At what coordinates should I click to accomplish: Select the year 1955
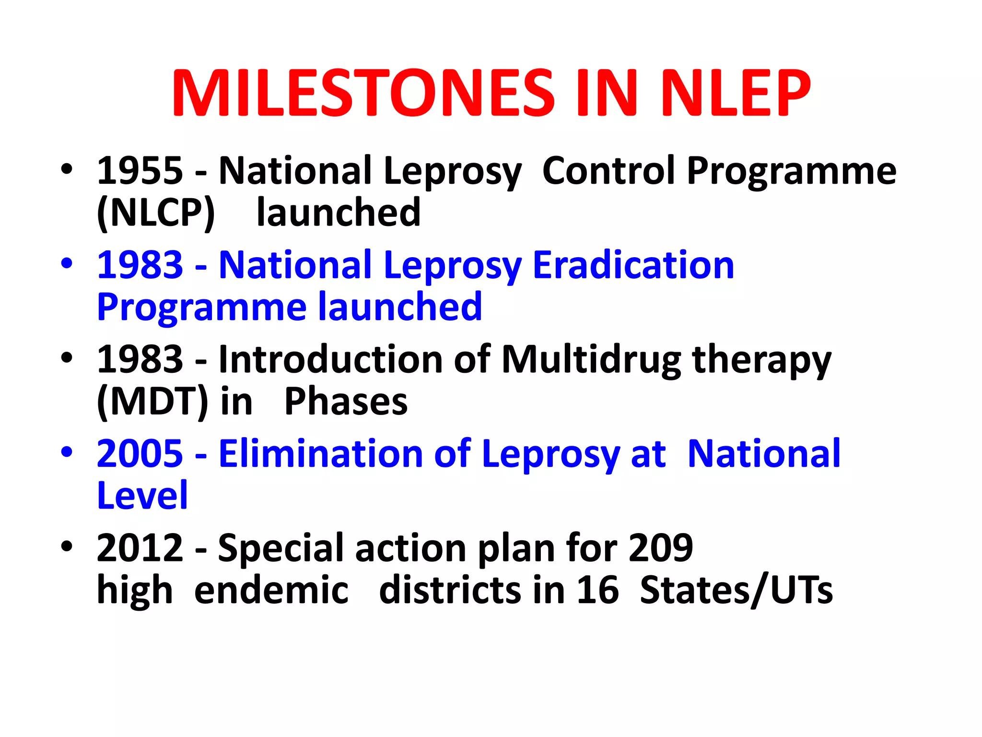(140, 171)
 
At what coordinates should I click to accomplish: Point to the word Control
(609, 171)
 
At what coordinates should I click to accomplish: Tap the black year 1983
(140, 359)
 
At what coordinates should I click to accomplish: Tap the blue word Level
(142, 495)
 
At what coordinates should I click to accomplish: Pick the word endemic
(271, 590)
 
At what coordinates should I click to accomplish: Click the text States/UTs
(736, 590)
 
